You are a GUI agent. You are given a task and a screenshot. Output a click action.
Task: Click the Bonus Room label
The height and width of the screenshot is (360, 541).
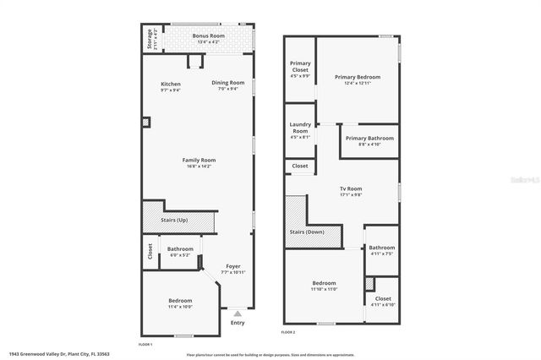point(208,36)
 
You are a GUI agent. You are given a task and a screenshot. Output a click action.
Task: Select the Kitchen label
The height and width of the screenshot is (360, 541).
point(171,84)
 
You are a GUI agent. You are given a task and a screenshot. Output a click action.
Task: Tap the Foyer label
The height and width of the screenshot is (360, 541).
point(232,267)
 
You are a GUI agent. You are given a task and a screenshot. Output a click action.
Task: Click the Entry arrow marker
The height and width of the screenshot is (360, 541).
point(236,314)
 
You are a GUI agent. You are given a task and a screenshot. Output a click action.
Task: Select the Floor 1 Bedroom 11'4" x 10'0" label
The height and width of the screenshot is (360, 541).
point(179,301)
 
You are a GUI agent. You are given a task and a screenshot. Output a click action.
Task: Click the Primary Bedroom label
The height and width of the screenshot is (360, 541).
point(357,76)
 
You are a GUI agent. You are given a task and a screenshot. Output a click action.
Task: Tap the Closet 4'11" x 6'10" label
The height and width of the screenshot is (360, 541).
point(383,298)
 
